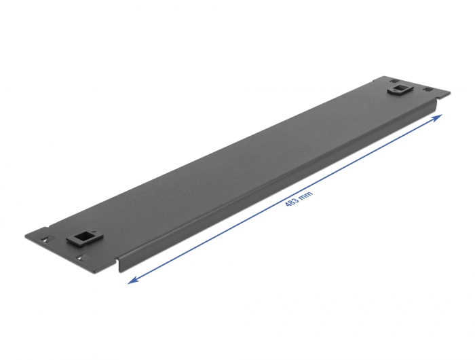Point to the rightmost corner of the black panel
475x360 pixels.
(449, 94)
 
